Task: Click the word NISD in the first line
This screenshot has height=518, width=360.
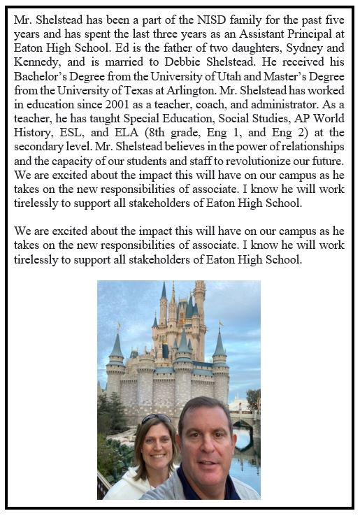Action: [x=206, y=22]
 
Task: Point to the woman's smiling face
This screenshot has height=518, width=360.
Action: [x=154, y=447]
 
